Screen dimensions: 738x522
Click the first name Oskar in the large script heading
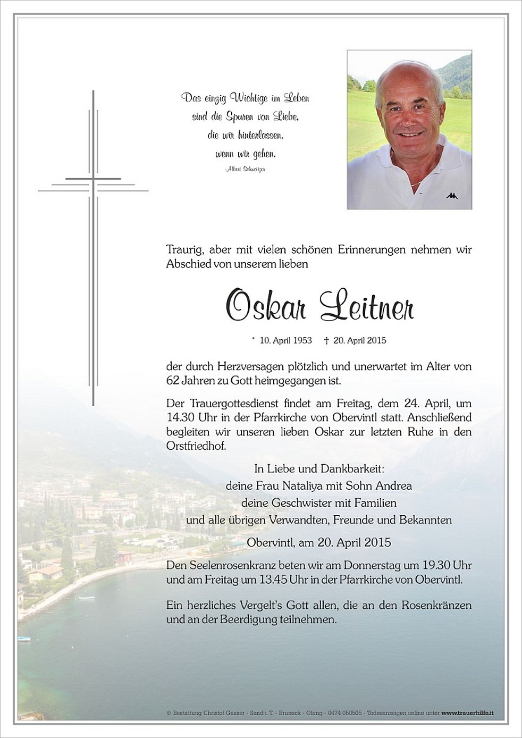266,307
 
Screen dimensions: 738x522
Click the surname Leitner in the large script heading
366,307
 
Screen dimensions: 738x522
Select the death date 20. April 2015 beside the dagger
359,340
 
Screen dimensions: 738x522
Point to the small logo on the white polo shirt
452,196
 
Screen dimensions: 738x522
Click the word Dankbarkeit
352,469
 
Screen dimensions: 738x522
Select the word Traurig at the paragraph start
185,249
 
